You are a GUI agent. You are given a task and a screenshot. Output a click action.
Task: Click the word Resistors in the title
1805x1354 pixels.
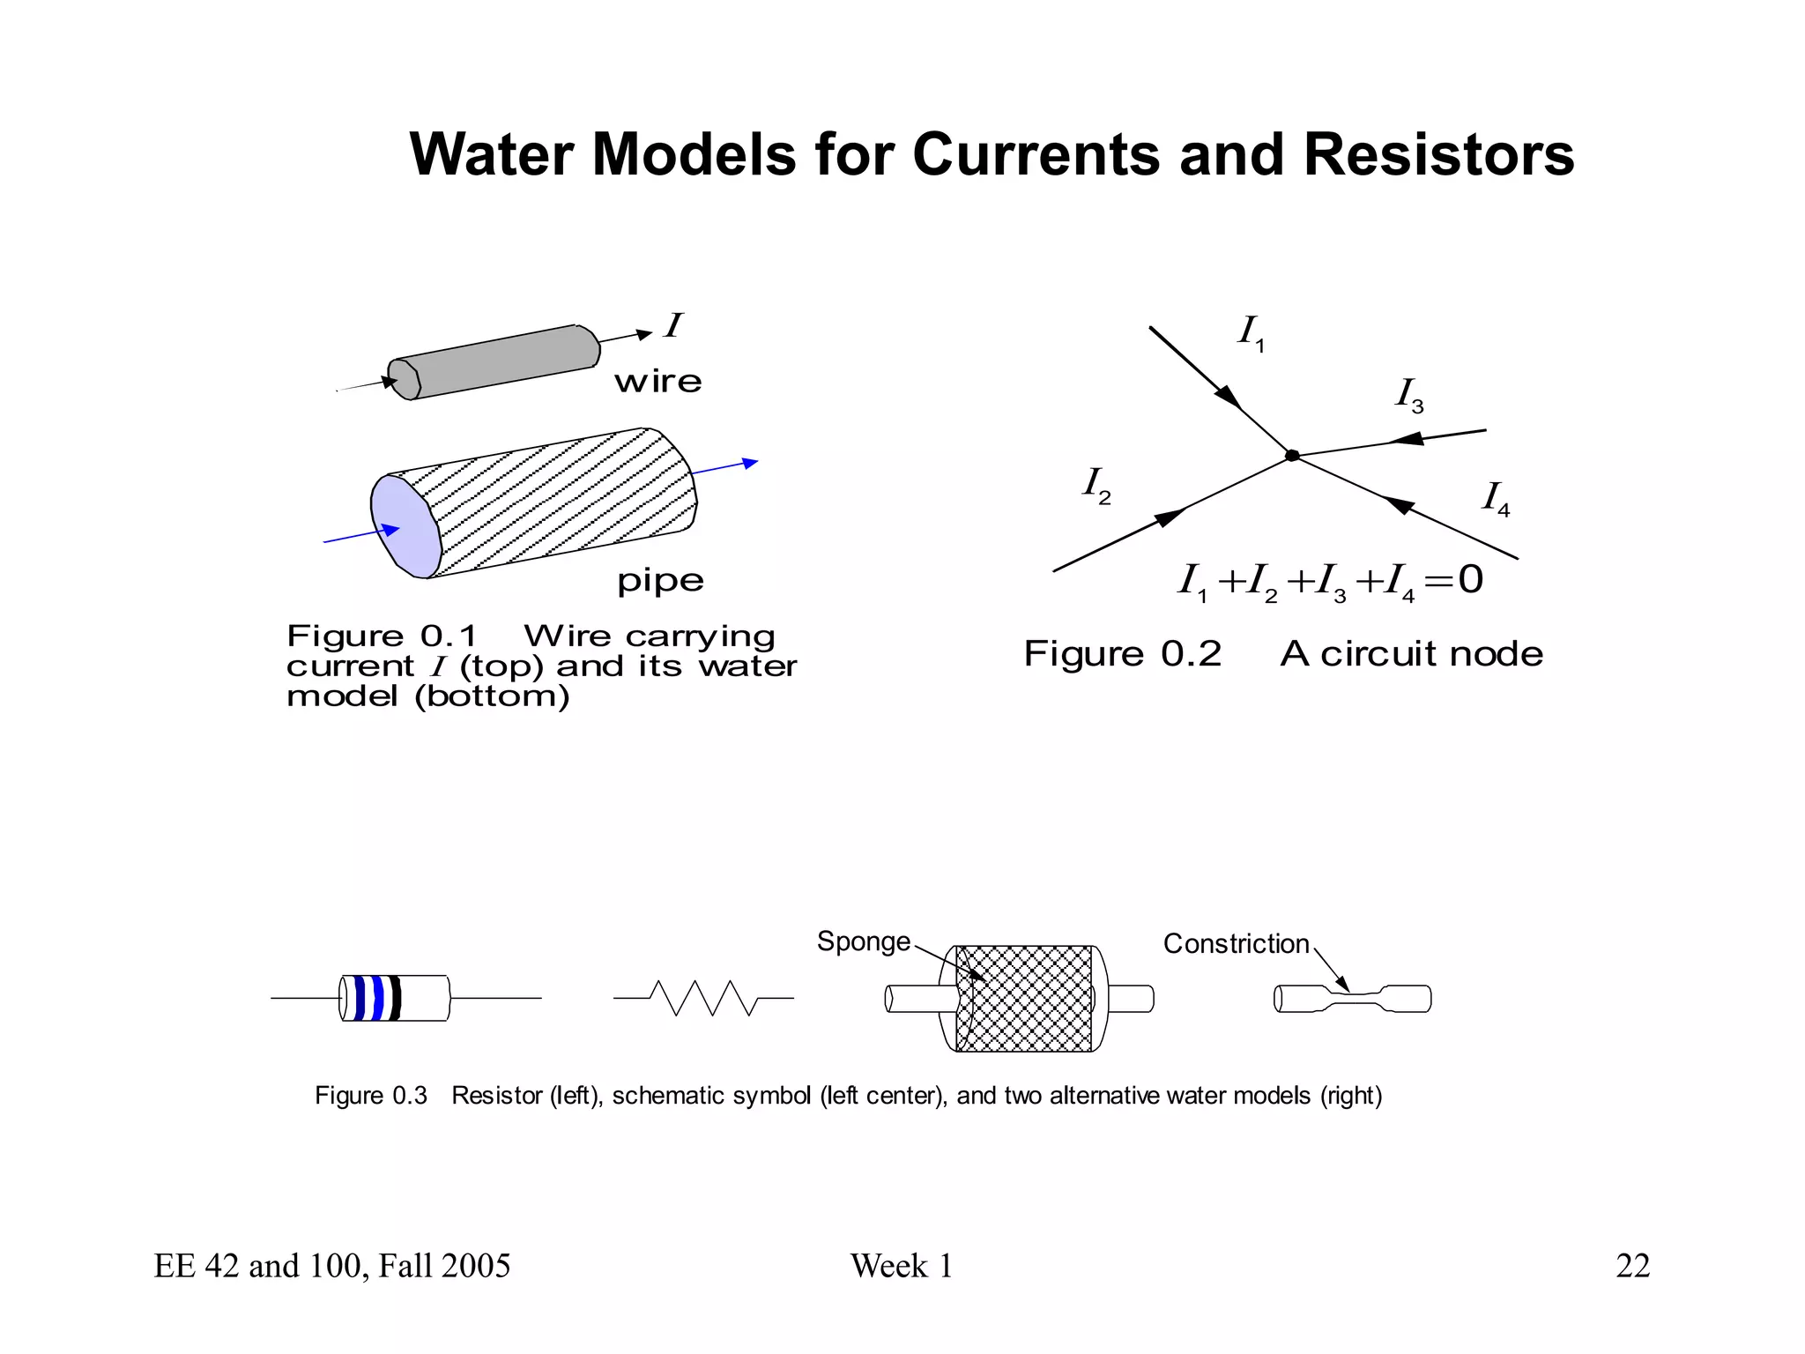point(1437,154)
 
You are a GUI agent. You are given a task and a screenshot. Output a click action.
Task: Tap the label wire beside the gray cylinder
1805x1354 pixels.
point(657,383)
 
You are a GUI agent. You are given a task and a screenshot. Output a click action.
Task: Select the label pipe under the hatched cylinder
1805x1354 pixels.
point(660,581)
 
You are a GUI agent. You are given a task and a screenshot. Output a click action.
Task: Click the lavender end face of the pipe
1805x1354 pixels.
point(405,527)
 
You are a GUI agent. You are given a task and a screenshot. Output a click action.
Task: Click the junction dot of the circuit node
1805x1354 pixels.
point(1292,456)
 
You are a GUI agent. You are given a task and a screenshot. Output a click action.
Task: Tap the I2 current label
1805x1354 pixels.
point(1096,485)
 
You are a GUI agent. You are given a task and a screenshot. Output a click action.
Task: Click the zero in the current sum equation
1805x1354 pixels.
point(1470,579)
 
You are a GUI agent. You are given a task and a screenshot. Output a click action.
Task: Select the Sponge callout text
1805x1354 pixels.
point(863,941)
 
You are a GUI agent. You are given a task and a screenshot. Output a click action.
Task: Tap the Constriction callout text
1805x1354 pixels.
point(1236,944)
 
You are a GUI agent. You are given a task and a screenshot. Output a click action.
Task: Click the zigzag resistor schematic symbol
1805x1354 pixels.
point(703,998)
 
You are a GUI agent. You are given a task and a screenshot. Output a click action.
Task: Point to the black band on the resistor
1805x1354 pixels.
point(396,998)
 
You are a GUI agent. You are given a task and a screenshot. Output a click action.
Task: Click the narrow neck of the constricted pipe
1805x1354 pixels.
point(1356,997)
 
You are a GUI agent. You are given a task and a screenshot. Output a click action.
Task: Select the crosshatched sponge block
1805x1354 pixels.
point(1024,999)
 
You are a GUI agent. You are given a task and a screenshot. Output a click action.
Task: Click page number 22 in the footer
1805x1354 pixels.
point(1632,1266)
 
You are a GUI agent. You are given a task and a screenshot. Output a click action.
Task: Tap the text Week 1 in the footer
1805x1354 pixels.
point(901,1266)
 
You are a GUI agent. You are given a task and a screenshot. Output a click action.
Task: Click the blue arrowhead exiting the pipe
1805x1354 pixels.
point(750,463)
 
